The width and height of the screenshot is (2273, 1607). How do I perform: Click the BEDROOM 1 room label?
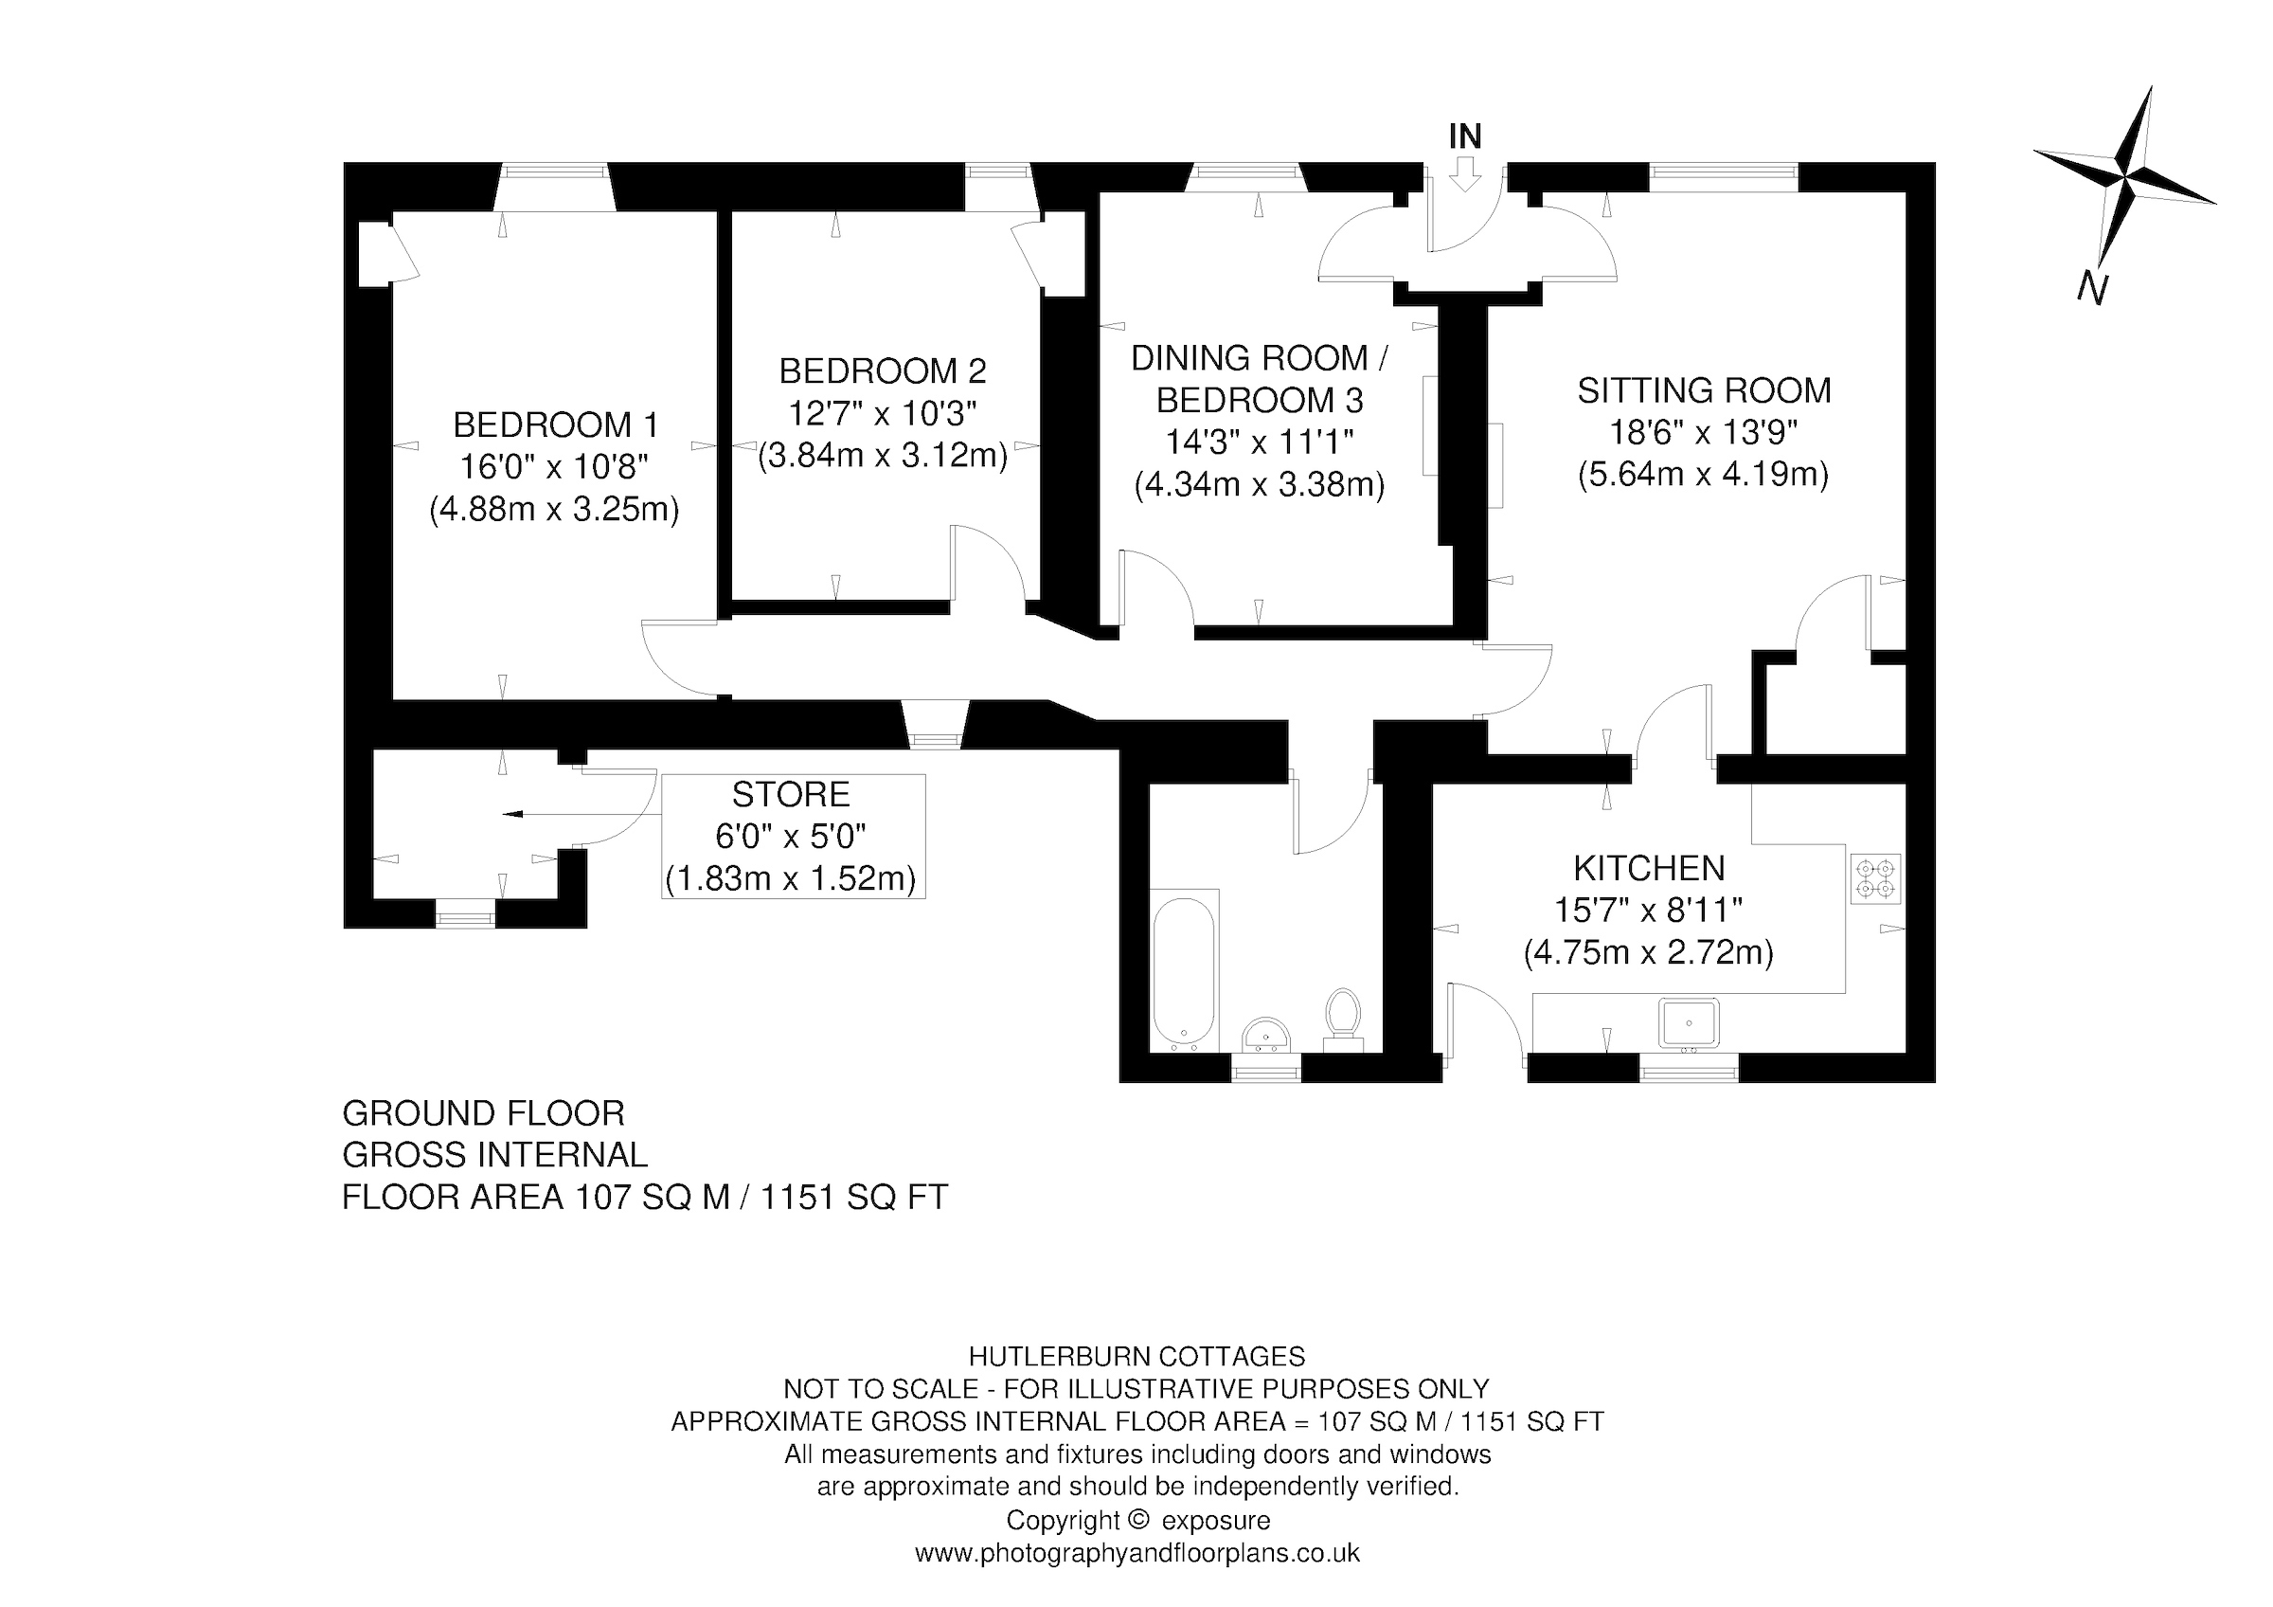pos(555,424)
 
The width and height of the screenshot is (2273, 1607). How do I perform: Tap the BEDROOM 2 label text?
pos(882,371)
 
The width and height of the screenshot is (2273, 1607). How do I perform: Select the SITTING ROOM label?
pos(1704,390)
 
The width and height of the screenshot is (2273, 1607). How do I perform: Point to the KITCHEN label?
pos(1649,868)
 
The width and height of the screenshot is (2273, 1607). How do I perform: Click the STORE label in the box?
pos(791,794)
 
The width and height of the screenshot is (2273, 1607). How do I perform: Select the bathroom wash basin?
pos(1265,1034)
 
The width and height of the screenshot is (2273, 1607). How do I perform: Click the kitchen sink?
pos(1690,1022)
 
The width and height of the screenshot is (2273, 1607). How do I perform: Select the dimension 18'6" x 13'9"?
pos(1703,433)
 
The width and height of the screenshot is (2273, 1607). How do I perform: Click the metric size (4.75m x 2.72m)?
pos(1648,952)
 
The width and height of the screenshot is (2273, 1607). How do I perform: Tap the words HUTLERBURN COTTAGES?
pos(1136,1357)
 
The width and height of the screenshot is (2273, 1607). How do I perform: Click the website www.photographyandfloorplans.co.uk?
pos(1136,1553)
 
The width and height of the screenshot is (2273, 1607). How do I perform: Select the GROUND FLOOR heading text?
pos(483,1114)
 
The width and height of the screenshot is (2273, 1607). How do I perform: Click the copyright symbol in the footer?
pos(1137,1519)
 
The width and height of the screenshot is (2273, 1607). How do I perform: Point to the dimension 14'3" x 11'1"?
pos(1260,442)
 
